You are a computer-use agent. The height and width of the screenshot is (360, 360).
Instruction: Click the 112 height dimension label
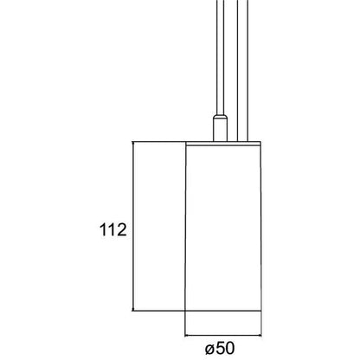tap(113, 230)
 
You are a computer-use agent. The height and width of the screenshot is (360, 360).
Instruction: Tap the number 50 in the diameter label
tap(225, 348)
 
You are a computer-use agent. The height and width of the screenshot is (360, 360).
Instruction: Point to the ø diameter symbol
tap(210, 350)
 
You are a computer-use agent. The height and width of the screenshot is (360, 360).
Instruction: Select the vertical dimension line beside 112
tap(133, 227)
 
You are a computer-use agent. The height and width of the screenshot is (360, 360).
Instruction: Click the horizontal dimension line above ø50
tap(223, 336)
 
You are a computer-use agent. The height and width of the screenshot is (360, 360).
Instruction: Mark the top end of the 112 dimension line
tap(133, 142)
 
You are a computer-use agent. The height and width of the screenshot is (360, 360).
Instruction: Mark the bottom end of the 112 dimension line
tap(133, 311)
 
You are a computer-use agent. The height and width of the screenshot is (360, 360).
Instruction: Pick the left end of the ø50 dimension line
tap(184, 336)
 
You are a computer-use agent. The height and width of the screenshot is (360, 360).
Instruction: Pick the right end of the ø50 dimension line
tap(261, 336)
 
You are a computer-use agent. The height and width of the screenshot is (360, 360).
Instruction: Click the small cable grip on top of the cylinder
tap(220, 128)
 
